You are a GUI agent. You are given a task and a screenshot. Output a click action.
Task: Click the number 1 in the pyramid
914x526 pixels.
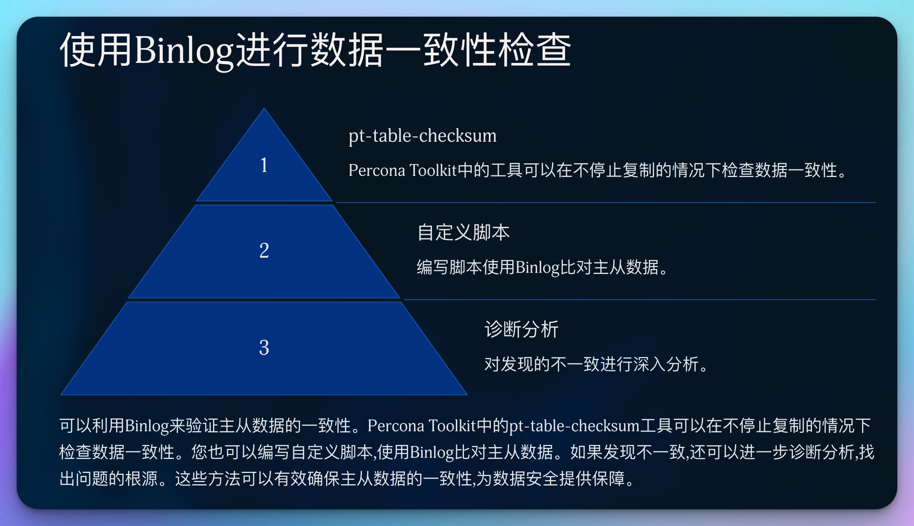(264, 165)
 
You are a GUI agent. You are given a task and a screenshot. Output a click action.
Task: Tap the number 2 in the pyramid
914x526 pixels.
(264, 250)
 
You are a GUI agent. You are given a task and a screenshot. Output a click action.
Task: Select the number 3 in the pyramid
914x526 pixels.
(264, 348)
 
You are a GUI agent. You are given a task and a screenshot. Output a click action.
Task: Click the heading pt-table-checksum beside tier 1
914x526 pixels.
(422, 136)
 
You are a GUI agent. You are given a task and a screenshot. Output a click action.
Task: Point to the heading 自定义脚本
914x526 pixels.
(463, 232)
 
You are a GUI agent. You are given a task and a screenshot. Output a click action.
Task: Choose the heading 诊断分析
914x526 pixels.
(521, 329)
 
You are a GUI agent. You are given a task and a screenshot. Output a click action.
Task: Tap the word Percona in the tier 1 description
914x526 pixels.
(377, 170)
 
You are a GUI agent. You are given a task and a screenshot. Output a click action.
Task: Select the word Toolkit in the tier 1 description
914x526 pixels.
(433, 170)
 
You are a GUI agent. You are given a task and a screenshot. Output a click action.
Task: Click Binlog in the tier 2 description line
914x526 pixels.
(537, 268)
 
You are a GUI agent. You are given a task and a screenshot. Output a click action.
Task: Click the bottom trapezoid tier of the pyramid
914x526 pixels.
(264, 348)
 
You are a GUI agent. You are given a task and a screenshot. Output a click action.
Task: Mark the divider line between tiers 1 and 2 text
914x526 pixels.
(606, 203)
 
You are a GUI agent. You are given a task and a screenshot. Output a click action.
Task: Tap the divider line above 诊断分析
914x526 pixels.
(640, 300)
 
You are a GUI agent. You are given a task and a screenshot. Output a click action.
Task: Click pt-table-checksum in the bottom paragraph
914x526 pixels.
(575, 426)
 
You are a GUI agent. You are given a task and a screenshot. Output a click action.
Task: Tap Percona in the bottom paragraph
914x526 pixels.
(396, 426)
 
